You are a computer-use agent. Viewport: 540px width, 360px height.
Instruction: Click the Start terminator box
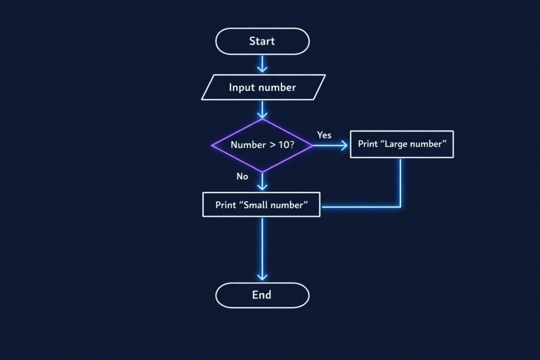coord(262,41)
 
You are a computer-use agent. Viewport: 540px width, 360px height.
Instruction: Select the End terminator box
coord(262,295)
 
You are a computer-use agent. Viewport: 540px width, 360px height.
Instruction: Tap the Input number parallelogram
coord(262,87)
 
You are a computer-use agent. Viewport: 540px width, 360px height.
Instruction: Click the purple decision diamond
coord(262,145)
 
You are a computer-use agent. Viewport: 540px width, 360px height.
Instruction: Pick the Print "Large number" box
coord(402,144)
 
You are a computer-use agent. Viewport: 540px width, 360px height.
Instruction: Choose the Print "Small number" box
coord(261,205)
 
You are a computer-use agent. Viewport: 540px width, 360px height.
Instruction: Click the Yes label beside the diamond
coord(324,135)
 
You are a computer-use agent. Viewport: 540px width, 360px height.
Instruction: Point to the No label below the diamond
coord(242,177)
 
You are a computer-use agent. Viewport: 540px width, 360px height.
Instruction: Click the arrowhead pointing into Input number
coord(262,69)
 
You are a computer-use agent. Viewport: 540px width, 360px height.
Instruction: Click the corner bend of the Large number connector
coord(400,207)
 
